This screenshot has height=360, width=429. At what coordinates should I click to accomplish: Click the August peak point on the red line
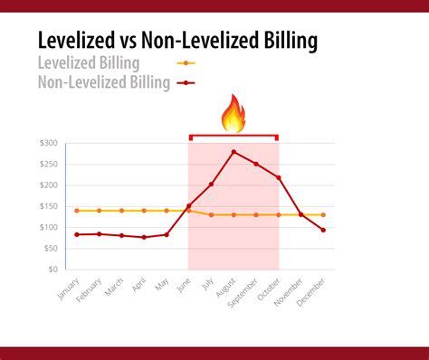[234, 152]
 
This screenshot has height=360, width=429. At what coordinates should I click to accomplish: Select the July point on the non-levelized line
[211, 185]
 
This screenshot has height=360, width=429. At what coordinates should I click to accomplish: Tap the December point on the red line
[323, 230]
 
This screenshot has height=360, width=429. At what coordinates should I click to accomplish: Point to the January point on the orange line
[77, 211]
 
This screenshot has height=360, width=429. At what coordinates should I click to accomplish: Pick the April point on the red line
[144, 237]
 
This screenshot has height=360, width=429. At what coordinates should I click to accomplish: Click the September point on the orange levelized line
[256, 214]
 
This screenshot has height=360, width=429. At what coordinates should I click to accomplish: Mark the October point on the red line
[278, 177]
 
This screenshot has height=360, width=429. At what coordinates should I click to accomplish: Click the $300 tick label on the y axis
[48, 144]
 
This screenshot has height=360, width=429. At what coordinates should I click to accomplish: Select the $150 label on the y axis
[48, 206]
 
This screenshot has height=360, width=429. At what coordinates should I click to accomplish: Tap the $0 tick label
[52, 270]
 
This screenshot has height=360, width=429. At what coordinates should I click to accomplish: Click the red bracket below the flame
[234, 137]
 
